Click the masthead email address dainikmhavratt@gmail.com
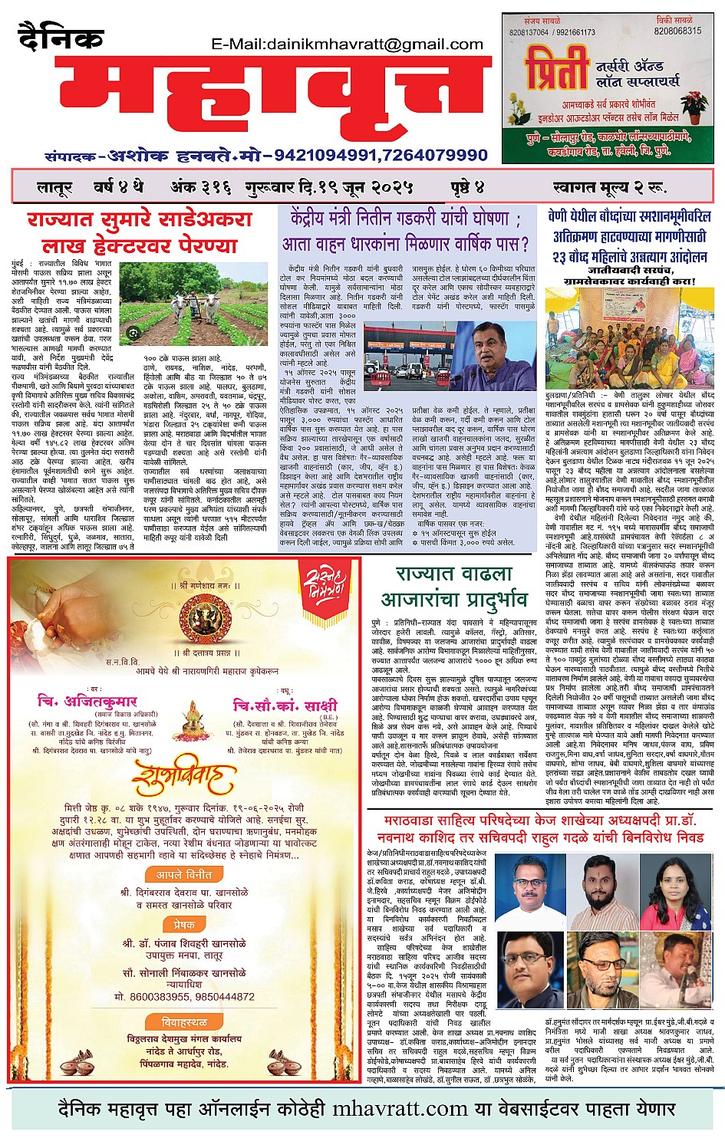tap(348, 44)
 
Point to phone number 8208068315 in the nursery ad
tap(677, 31)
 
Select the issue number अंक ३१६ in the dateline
tap(196, 186)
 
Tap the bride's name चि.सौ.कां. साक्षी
tap(285, 705)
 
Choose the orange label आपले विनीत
tap(184, 874)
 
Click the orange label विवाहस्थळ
tap(184, 1022)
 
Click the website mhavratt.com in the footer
tap(400, 1109)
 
